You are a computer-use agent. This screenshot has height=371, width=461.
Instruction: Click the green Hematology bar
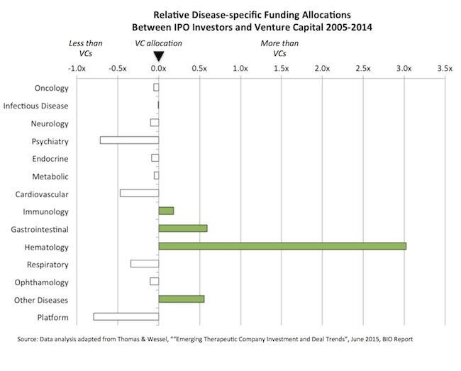(282, 246)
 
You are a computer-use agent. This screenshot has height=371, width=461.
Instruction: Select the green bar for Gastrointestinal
(182, 228)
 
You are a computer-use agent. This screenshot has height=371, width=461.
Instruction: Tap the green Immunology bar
(166, 211)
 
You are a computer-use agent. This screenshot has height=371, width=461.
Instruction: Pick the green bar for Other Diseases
(181, 299)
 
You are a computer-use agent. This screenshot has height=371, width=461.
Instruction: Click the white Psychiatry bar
(129, 140)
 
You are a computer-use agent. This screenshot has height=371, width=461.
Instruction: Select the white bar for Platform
(126, 316)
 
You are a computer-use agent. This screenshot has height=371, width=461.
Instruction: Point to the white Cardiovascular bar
(139, 193)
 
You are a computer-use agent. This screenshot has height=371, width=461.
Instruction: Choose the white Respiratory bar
(145, 264)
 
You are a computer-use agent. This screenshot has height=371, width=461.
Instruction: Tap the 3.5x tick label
(445, 69)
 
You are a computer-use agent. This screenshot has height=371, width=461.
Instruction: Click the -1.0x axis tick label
(76, 69)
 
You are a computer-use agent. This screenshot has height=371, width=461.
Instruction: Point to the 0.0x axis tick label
(159, 69)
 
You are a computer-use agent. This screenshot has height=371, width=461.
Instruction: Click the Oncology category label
(51, 88)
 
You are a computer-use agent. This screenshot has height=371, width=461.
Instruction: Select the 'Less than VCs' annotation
(84, 48)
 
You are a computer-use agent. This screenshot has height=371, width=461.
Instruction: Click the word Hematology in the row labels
(45, 246)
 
